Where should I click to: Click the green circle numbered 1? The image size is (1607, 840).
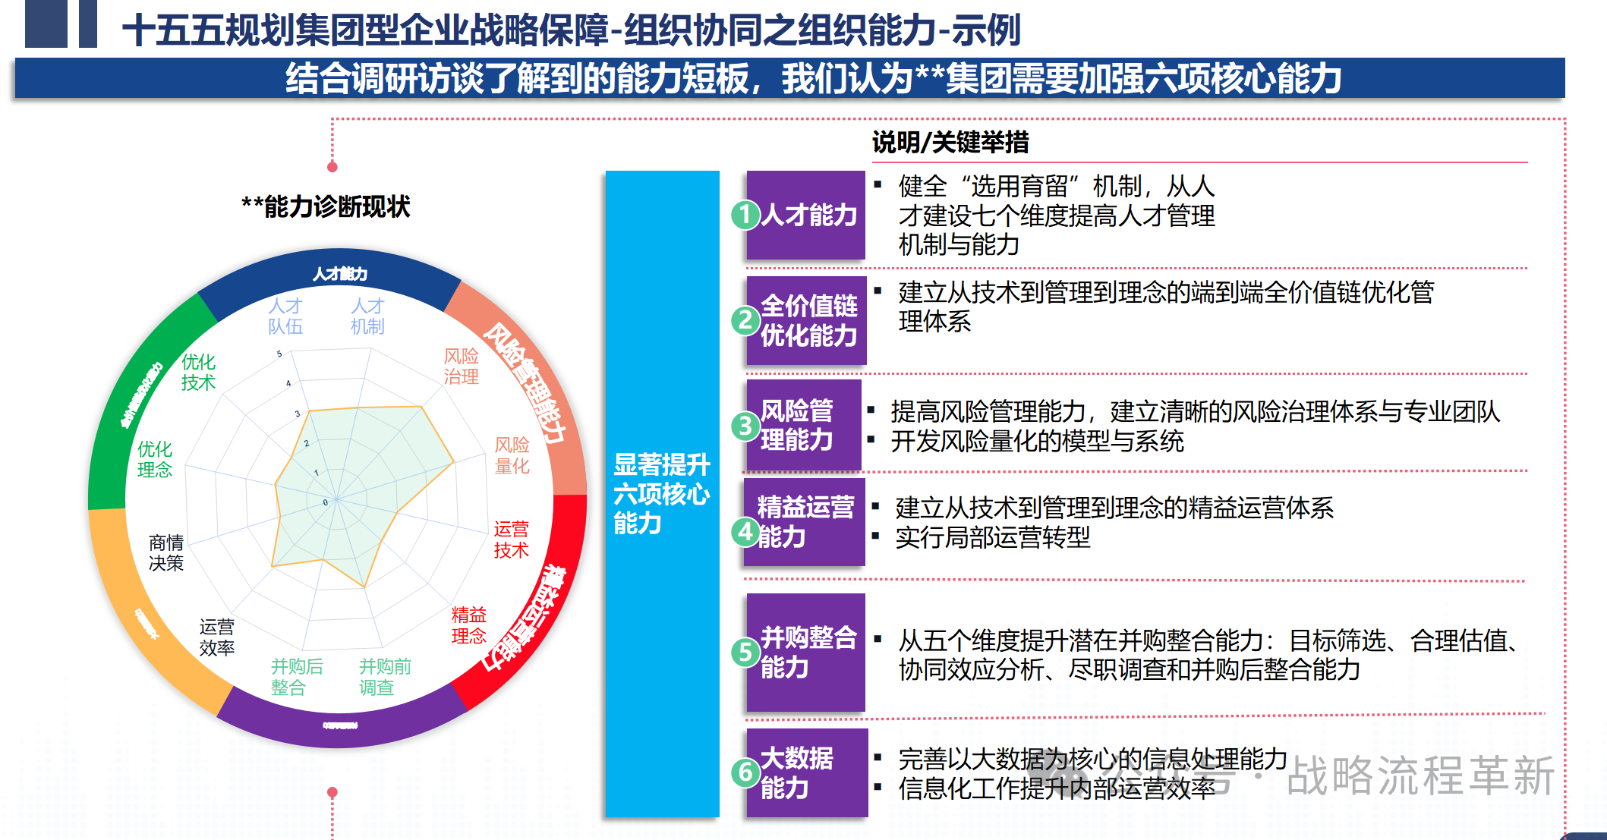click(745, 215)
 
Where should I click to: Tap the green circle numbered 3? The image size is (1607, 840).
click(745, 426)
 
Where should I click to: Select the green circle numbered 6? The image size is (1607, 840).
click(745, 772)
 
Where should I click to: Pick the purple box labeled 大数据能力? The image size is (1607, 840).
click(806, 772)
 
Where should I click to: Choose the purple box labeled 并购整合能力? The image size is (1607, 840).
click(806, 652)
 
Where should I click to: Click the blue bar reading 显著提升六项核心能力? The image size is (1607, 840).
click(662, 493)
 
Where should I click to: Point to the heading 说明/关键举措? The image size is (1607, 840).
click(950, 142)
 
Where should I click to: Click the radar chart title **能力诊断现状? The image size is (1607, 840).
click(326, 206)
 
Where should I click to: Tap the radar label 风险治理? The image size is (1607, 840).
click(462, 367)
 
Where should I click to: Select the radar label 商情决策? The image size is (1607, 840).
click(166, 552)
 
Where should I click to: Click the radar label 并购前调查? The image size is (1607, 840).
click(385, 677)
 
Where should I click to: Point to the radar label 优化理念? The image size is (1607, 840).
click(155, 460)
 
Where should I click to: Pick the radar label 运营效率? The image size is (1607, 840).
click(217, 637)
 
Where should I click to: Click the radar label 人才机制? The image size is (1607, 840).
click(367, 316)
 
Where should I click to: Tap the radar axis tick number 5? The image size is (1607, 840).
click(279, 354)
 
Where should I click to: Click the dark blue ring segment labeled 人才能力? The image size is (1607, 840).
click(339, 274)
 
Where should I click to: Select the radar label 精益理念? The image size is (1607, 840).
click(468, 624)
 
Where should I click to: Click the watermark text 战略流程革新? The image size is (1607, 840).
click(1420, 776)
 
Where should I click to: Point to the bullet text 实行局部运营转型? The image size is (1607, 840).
click(993, 537)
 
